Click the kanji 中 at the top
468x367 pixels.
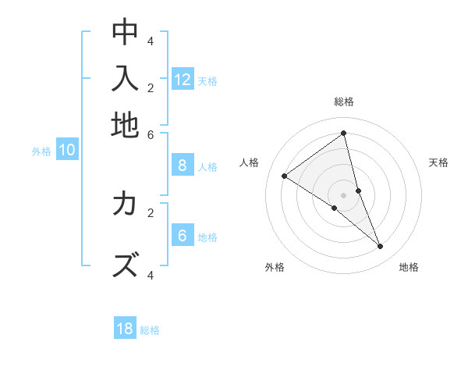click(x=125, y=32)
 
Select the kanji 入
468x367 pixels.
click(x=125, y=79)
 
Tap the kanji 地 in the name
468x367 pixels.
click(x=125, y=125)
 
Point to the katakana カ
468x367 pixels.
click(x=125, y=204)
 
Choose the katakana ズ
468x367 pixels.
click(x=125, y=265)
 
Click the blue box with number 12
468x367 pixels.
click(x=183, y=80)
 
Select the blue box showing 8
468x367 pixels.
click(x=183, y=166)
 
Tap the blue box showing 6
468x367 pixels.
click(x=183, y=236)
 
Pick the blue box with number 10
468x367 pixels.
click(x=67, y=151)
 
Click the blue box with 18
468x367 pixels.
click(x=125, y=329)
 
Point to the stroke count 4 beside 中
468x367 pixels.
click(x=151, y=41)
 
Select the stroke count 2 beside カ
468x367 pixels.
click(x=151, y=212)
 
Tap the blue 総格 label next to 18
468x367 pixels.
click(x=150, y=330)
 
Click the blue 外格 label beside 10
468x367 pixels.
click(x=41, y=152)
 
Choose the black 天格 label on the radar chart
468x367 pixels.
click(x=438, y=162)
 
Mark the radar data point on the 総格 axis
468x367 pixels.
click(x=344, y=134)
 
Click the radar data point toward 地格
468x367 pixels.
click(x=381, y=246)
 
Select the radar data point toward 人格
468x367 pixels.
click(x=284, y=176)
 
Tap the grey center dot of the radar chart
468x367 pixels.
click(x=344, y=194)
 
